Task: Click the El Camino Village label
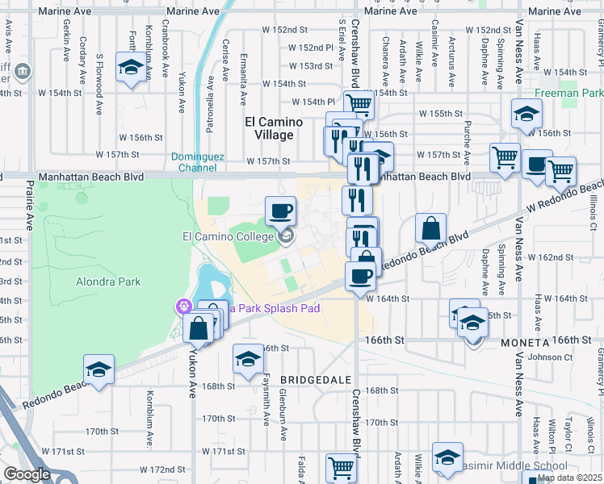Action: click(x=274, y=128)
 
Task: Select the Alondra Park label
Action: click(x=108, y=282)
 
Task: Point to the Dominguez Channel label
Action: click(x=194, y=162)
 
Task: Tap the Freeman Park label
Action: click(x=573, y=93)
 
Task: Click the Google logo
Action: click(x=27, y=474)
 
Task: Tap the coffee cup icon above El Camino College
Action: click(x=280, y=211)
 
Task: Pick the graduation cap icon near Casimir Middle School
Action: click(x=447, y=457)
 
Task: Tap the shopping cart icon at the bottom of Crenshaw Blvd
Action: click(x=341, y=467)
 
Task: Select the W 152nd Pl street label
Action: click(x=309, y=48)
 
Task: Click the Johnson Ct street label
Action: click(x=549, y=357)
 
